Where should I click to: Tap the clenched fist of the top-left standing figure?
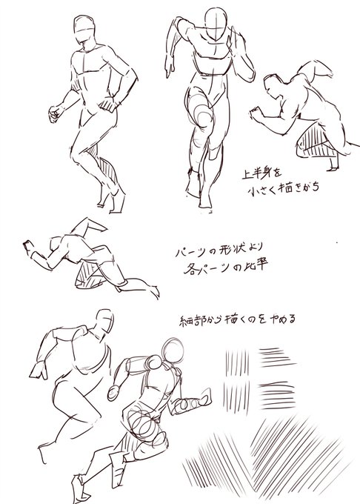pos(55,113)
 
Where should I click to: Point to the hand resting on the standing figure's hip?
pos(113,103)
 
